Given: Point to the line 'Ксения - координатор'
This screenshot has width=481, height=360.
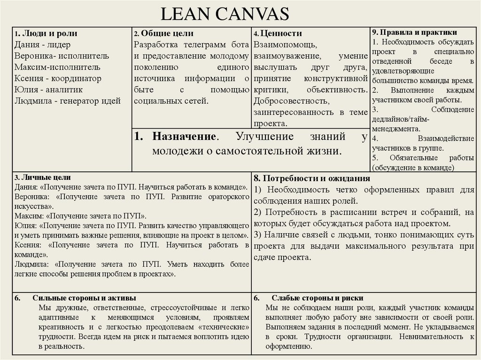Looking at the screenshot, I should (58, 78).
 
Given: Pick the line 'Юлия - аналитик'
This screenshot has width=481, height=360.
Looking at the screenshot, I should (48, 89).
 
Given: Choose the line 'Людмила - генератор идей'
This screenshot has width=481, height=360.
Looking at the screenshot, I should (67, 100).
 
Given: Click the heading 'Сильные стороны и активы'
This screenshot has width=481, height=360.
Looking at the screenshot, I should (85, 298).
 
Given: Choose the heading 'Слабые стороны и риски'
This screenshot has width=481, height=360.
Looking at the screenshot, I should (318, 298).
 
